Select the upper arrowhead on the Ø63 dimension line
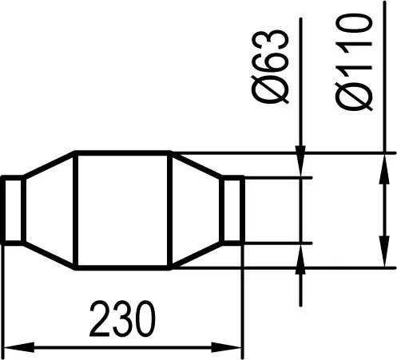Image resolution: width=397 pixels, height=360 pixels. (301, 163)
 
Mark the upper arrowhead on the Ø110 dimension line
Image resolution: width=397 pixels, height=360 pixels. (380, 164)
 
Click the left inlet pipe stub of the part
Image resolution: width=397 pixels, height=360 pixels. (12, 210)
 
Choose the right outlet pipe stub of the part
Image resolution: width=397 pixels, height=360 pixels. (232, 210)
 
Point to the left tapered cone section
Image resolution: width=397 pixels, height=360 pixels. (49, 210)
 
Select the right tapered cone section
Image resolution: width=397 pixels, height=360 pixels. (196, 210)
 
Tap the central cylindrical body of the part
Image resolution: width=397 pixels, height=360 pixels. (123, 210)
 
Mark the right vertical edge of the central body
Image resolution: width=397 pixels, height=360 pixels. (171, 210)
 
